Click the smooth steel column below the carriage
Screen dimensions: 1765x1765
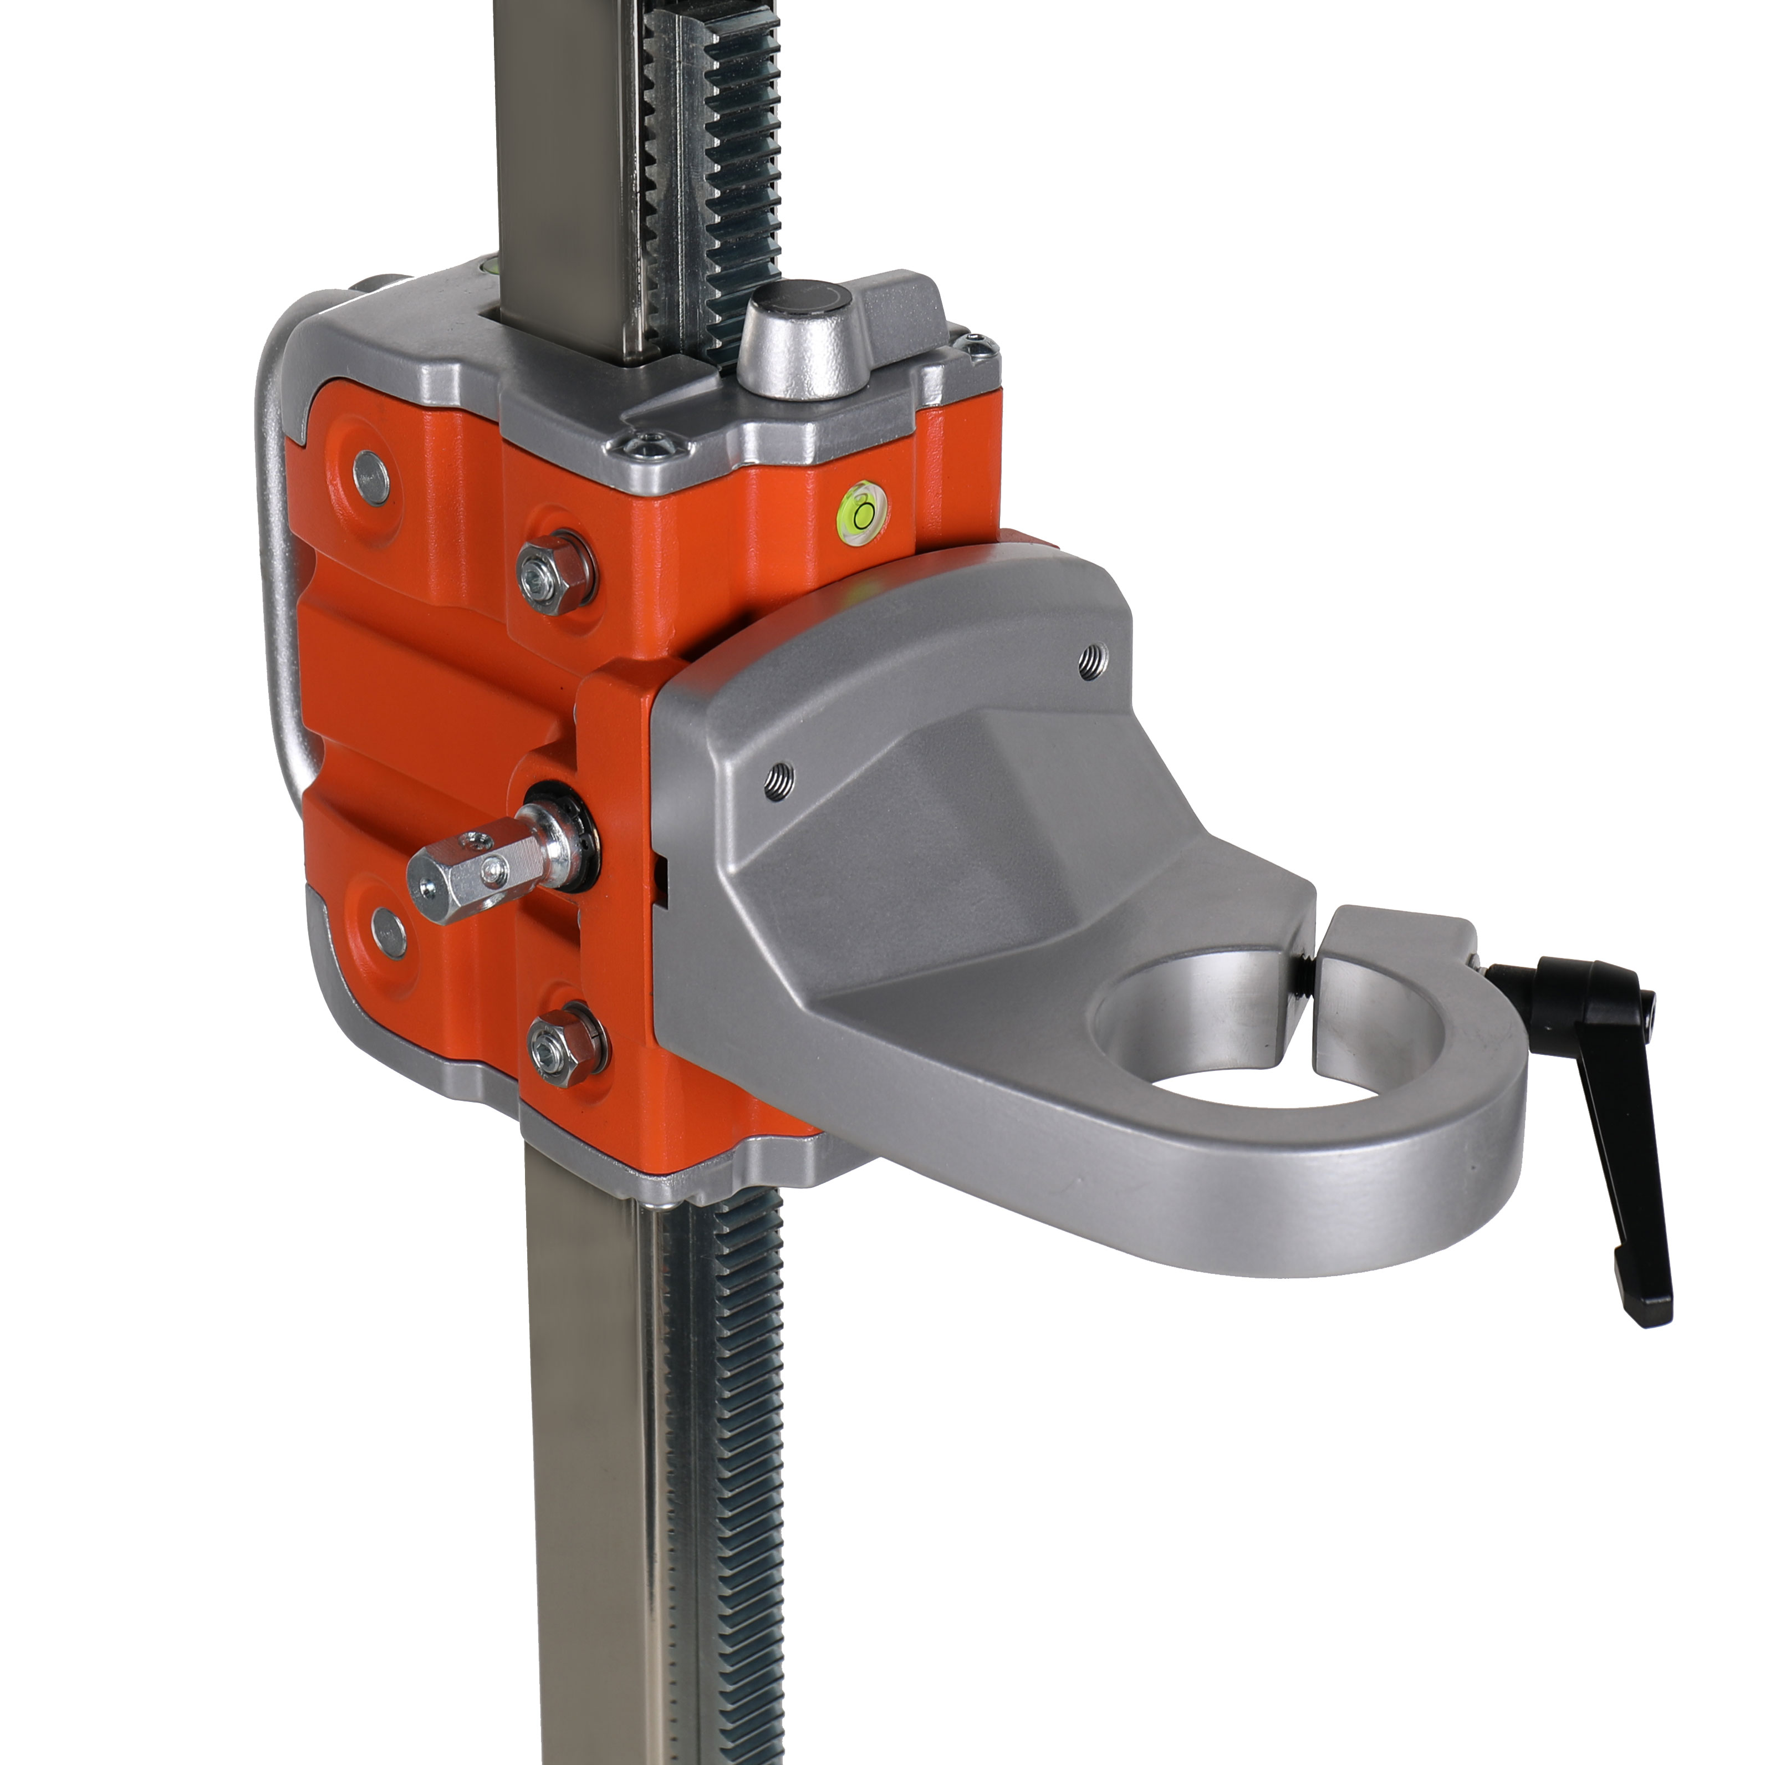[585, 1462]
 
